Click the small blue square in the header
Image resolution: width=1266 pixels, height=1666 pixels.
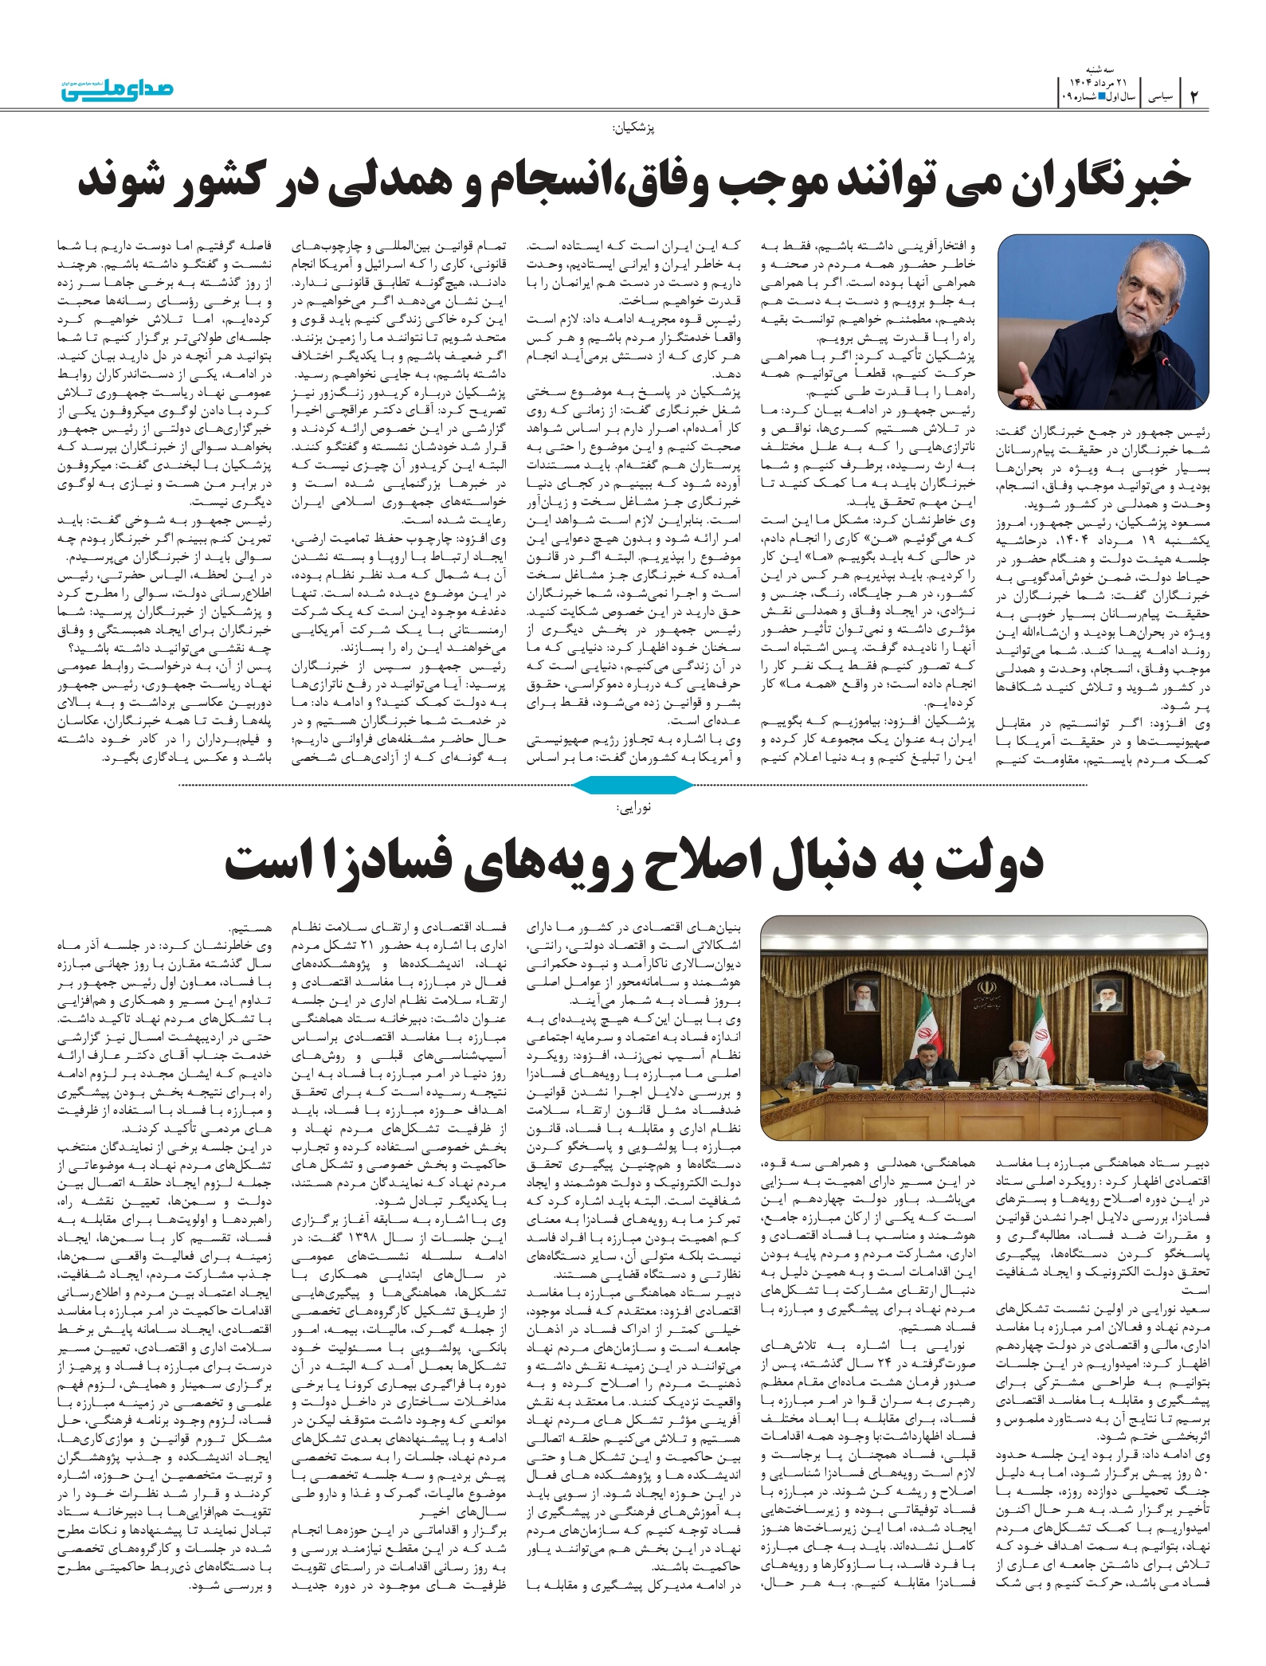point(1102,96)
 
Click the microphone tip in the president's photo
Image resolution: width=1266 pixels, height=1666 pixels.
point(1164,363)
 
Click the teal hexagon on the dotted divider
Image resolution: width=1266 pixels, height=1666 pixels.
point(633,786)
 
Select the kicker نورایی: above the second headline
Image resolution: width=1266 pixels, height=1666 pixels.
point(634,808)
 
